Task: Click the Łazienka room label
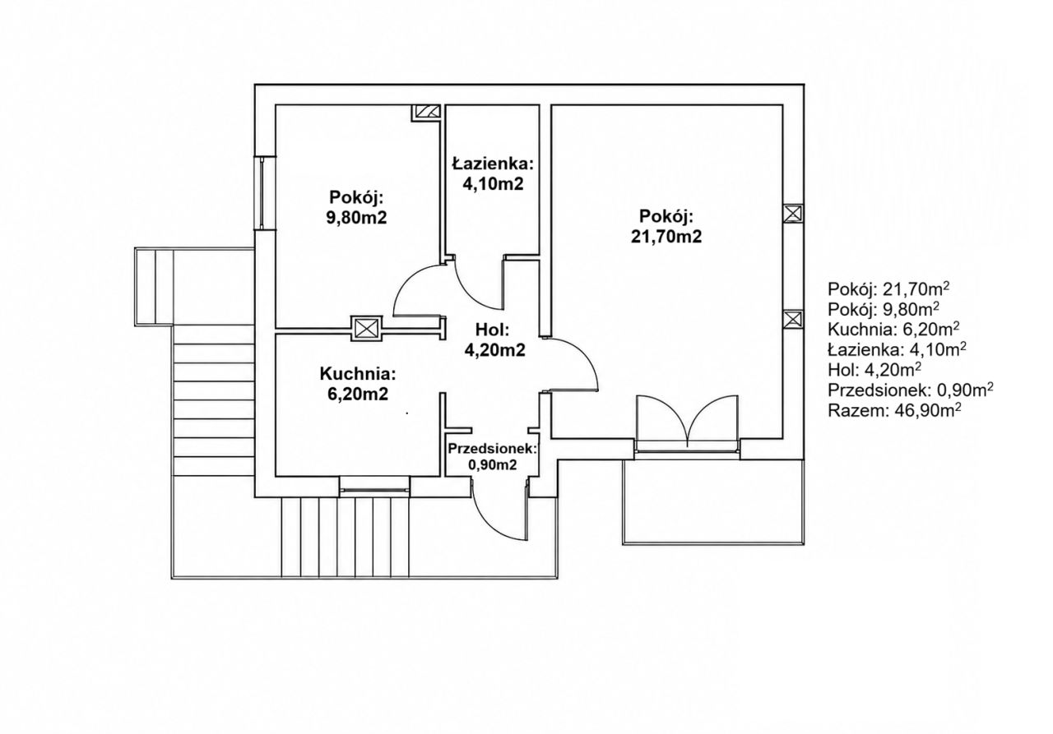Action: point(493,164)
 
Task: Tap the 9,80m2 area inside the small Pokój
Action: point(356,218)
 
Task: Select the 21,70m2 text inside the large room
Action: point(666,236)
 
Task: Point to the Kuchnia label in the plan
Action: point(358,374)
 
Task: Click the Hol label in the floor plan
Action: point(493,330)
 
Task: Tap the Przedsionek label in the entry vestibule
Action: point(492,449)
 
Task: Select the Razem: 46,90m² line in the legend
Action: point(894,410)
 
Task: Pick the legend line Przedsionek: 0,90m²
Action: point(911,390)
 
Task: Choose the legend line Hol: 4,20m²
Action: point(874,370)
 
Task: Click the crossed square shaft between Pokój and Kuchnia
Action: point(367,328)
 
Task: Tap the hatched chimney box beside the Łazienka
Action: point(427,113)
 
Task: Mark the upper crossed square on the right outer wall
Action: point(793,215)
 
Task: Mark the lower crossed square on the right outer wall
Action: point(793,320)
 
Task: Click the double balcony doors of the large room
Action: point(687,422)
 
